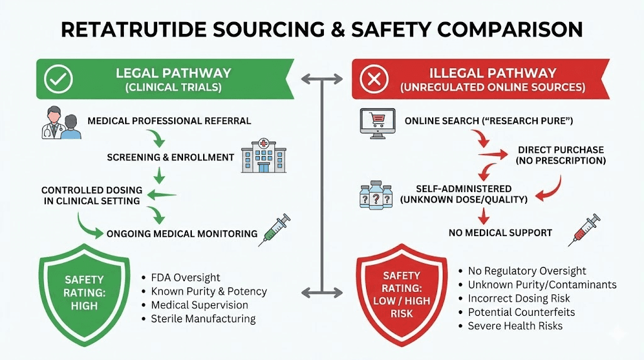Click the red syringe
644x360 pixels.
coord(584,229)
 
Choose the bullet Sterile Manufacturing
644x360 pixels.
coord(203,318)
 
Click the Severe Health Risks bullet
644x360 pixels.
coord(515,326)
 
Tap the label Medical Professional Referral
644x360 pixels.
coord(169,121)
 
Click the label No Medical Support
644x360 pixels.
coord(500,233)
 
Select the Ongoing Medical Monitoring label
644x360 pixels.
coord(182,233)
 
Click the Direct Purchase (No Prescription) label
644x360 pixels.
coord(560,155)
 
